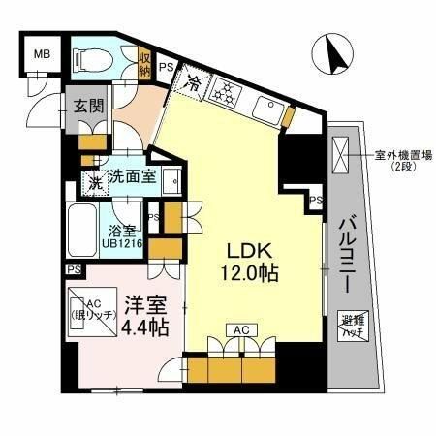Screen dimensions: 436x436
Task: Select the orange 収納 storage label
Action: [x=144, y=63]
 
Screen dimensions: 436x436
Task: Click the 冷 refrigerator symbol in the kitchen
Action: [x=194, y=85]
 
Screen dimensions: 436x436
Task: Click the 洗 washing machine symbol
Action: [x=94, y=181]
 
